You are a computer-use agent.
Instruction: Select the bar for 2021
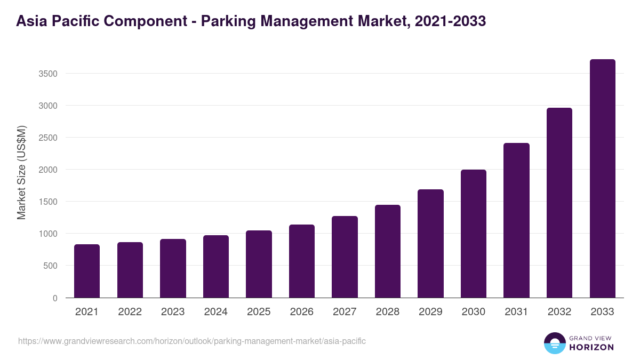[87, 271]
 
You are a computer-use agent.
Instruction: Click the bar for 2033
[602, 179]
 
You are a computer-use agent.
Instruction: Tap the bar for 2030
[474, 234]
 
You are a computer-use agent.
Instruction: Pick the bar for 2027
[345, 257]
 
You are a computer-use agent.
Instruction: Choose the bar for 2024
[216, 266]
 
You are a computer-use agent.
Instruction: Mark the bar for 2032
[559, 203]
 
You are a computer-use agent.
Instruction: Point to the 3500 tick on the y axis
[48, 74]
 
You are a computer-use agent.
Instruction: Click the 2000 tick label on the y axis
[48, 170]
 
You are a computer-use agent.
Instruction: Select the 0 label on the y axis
[55, 298]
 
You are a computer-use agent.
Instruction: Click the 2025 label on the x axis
[259, 312]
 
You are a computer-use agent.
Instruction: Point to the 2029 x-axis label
[430, 312]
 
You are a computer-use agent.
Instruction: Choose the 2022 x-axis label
[130, 312]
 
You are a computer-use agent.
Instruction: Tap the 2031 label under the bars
[516, 312]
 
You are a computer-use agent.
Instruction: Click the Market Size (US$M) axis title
[21, 172]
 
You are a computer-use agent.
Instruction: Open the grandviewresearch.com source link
[192, 341]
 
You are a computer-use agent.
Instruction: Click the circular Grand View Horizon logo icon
[555, 343]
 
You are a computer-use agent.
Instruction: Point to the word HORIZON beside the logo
[591, 347]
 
